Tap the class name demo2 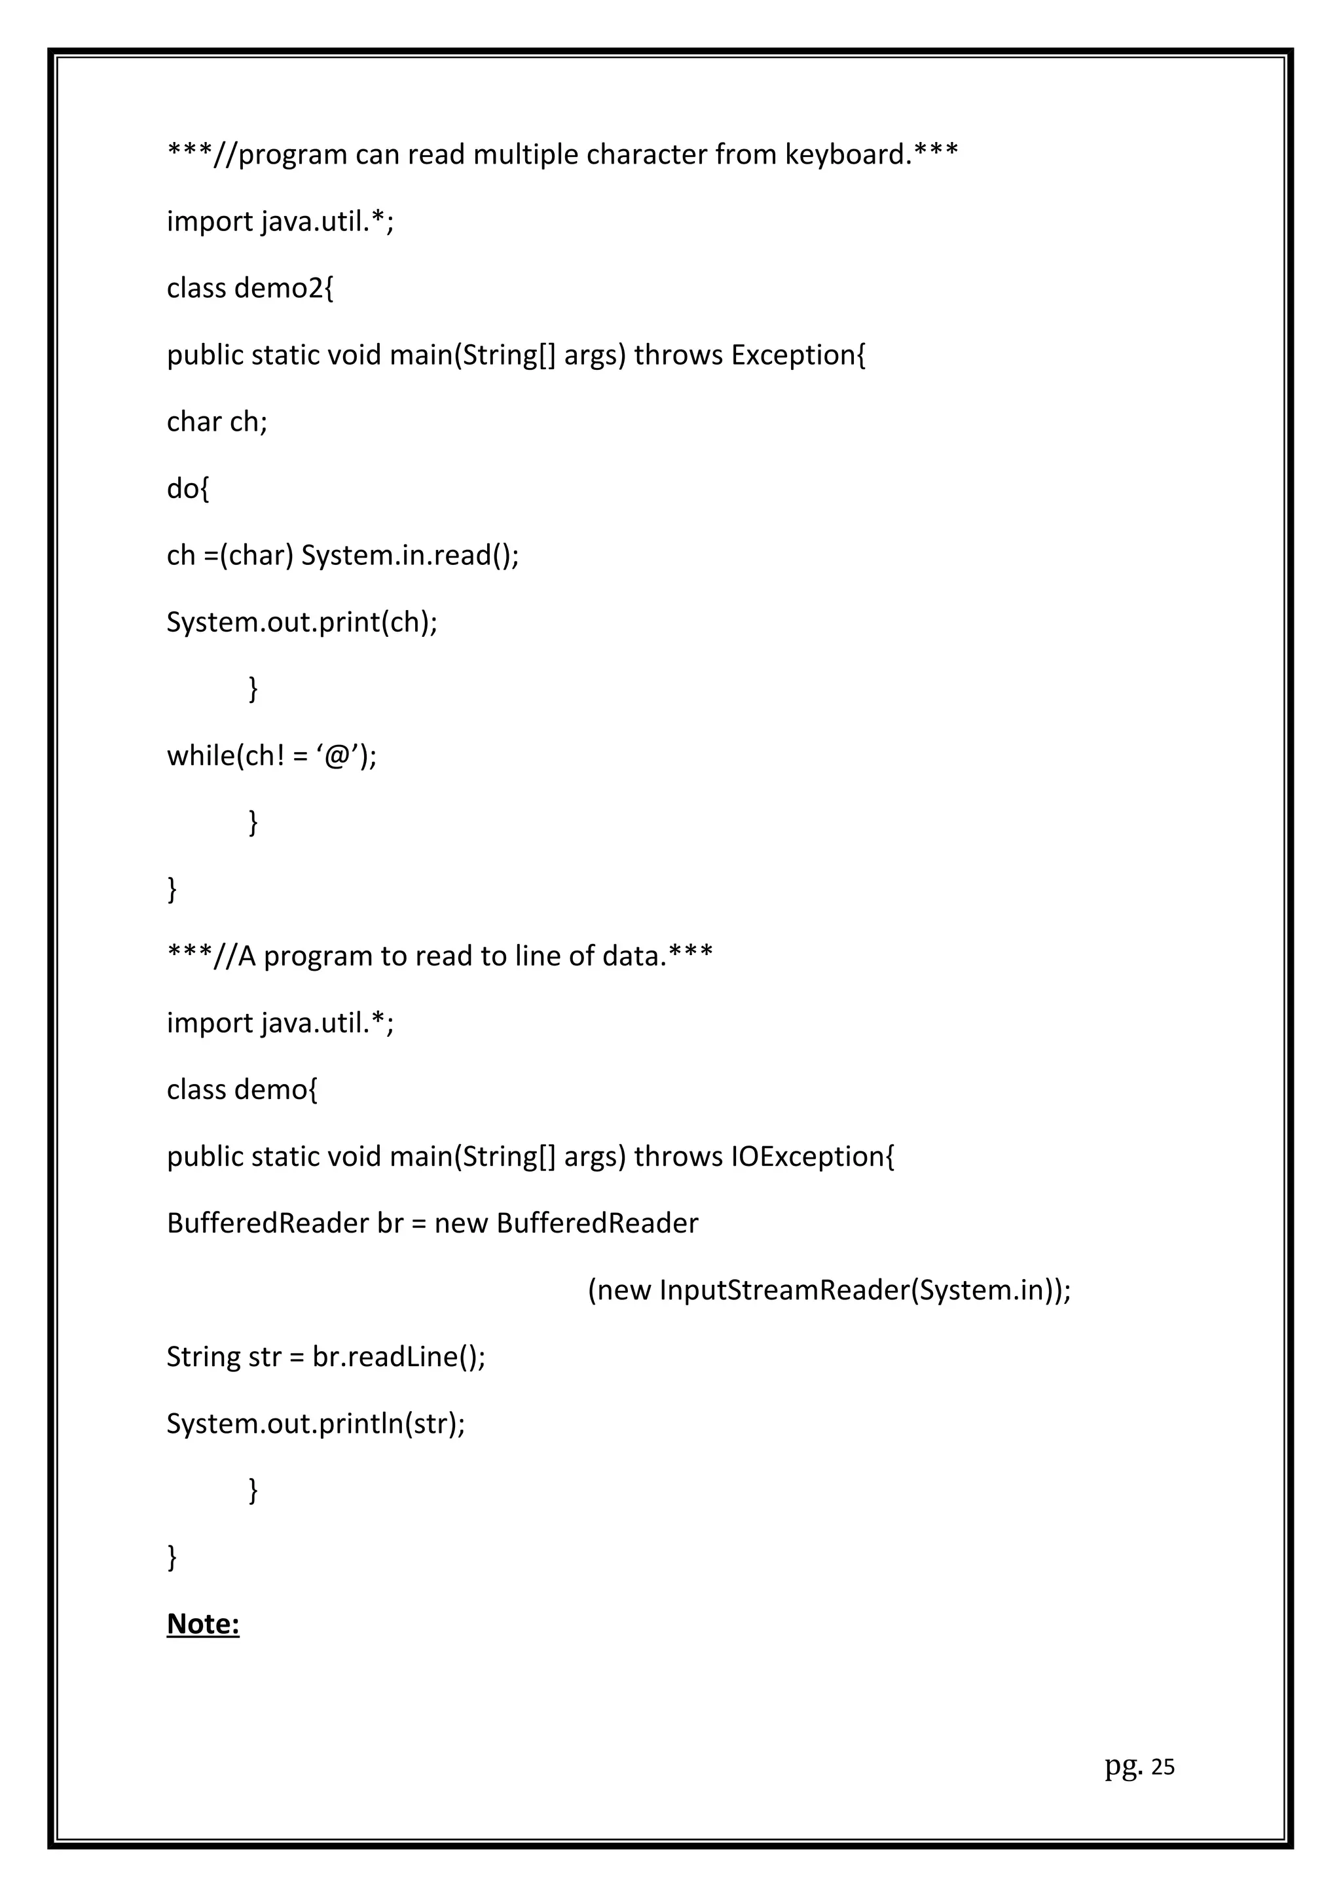click(x=284, y=289)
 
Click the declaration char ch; click(x=217, y=422)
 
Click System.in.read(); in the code click(x=410, y=555)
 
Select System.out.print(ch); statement click(x=302, y=622)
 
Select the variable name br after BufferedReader click(x=390, y=1223)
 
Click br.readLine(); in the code click(x=398, y=1358)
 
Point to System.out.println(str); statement click(x=316, y=1424)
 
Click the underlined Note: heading click(x=203, y=1624)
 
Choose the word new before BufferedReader click(x=461, y=1223)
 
